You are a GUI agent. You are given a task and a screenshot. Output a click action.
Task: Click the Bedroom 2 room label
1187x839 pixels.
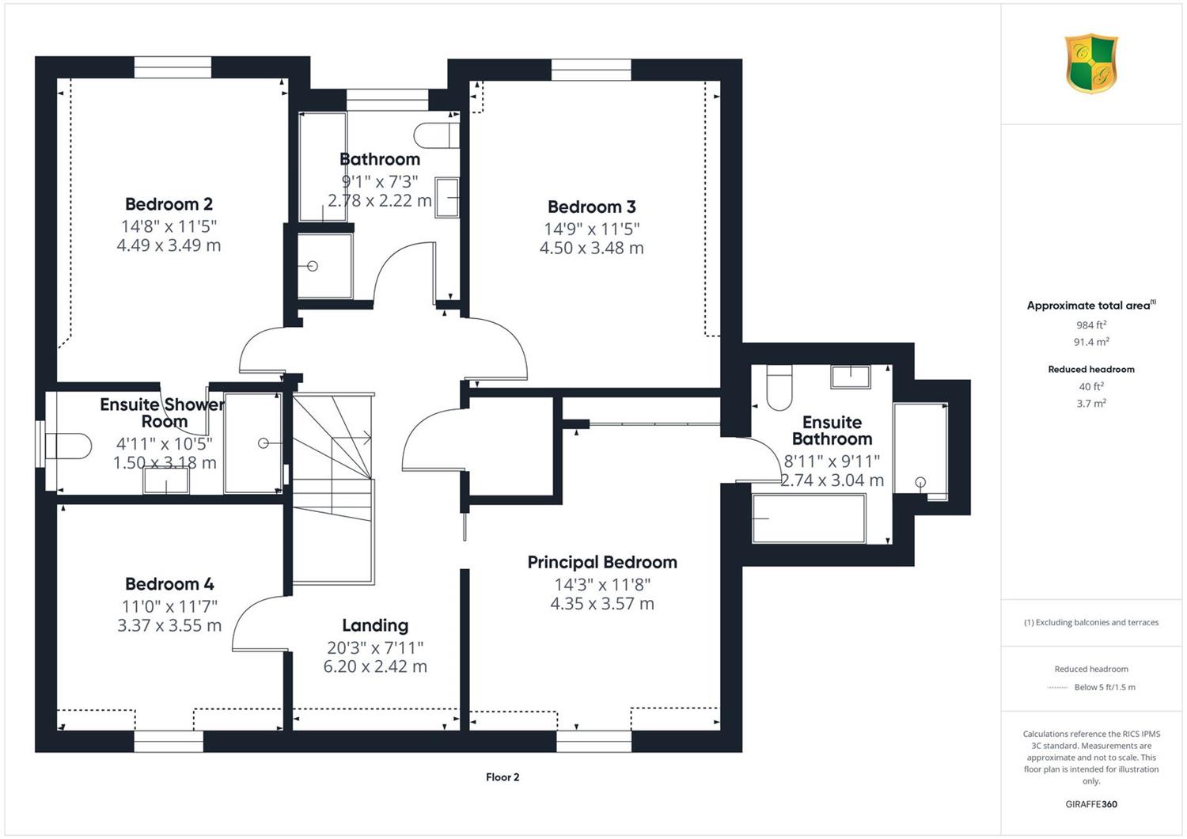[x=169, y=204]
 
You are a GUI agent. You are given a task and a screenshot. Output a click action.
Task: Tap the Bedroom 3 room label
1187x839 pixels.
[x=591, y=207]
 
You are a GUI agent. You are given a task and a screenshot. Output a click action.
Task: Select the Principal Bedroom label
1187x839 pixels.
[x=602, y=562]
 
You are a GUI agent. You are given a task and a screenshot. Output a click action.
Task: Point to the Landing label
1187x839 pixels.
[x=375, y=626]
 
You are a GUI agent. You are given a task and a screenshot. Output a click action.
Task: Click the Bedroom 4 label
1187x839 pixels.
[x=169, y=584]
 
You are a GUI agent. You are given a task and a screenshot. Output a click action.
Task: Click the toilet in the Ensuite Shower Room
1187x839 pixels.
[x=68, y=446]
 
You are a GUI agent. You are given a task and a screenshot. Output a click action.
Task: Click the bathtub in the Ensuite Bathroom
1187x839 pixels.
[x=809, y=518]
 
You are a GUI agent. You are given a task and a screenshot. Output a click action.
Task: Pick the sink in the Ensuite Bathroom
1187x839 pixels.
[x=851, y=376]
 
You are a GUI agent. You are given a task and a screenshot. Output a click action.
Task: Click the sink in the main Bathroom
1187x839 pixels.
[x=447, y=198]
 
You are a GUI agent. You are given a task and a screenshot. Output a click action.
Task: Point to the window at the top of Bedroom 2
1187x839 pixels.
[x=173, y=67]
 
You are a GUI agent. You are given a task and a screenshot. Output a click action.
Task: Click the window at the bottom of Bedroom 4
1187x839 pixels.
[x=169, y=741]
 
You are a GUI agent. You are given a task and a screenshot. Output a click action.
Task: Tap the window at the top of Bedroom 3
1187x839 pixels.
[x=591, y=70]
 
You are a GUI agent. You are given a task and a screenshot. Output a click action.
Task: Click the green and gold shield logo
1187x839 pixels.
[x=1091, y=63]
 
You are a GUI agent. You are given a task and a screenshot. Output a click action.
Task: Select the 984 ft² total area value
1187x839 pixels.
[x=1091, y=325]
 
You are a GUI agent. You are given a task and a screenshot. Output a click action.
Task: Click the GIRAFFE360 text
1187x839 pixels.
[x=1091, y=804]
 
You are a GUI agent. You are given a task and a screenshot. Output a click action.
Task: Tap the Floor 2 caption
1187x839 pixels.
[x=502, y=777]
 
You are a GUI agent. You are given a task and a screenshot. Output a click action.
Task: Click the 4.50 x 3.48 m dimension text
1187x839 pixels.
[x=591, y=248]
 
